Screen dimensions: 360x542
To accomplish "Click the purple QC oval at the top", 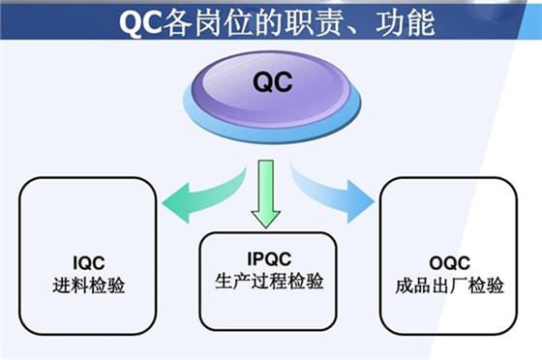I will [271, 85].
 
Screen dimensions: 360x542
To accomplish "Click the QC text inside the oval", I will [271, 82].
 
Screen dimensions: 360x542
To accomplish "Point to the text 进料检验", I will [89, 286].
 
